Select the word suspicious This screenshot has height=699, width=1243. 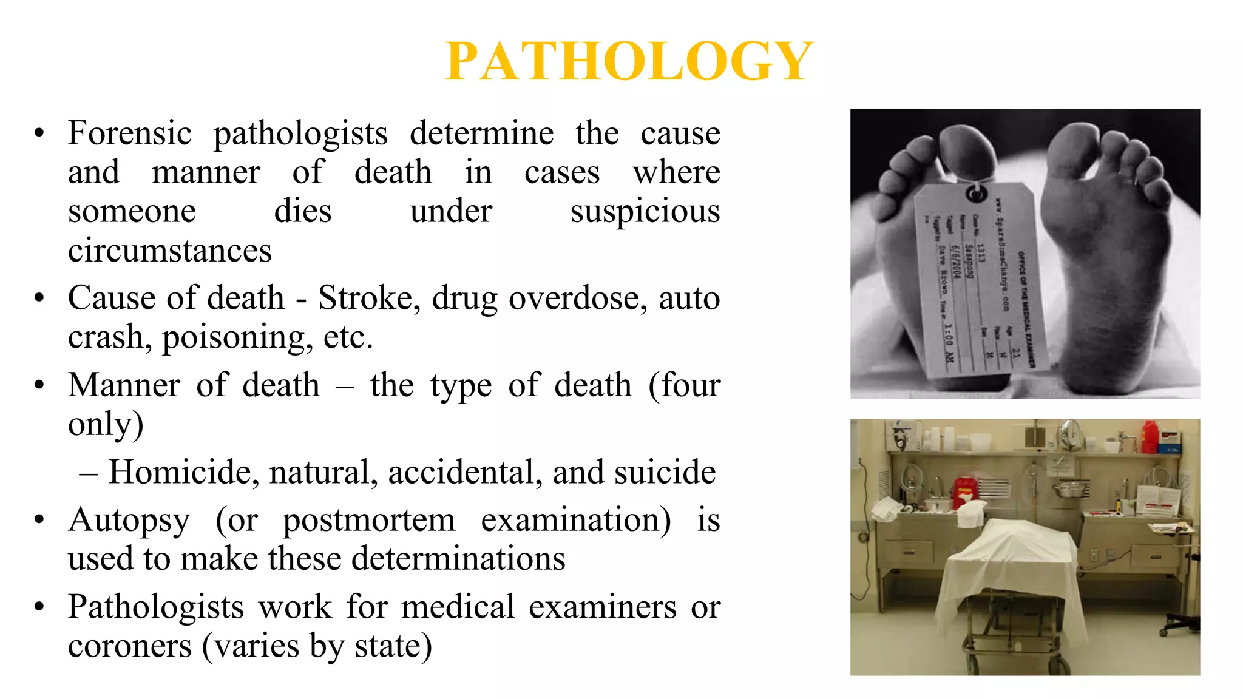(x=645, y=212)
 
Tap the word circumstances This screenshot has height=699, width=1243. (x=170, y=251)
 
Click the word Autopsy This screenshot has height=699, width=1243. (x=129, y=520)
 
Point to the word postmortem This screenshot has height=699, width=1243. (x=369, y=520)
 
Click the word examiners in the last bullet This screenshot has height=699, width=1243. (x=602, y=607)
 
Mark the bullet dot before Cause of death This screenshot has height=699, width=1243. (x=39, y=298)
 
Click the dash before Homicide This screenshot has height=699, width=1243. (x=88, y=473)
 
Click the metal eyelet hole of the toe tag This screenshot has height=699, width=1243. (x=975, y=194)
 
